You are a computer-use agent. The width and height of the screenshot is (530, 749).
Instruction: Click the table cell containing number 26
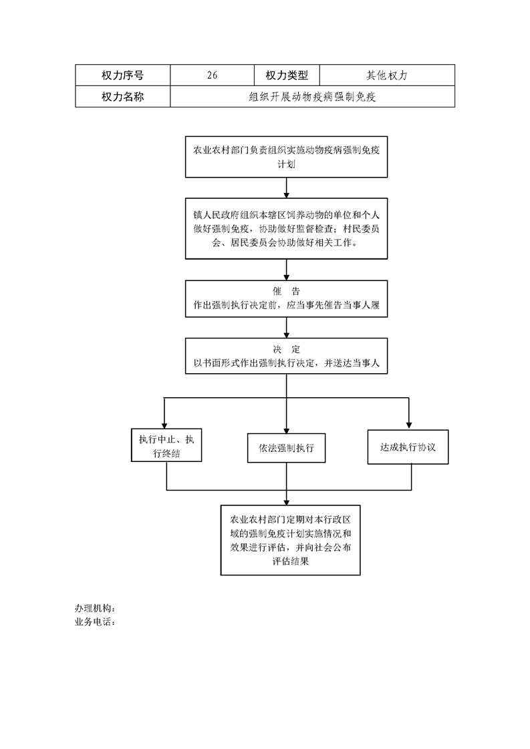[x=212, y=75]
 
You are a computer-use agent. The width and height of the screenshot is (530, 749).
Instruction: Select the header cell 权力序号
[x=122, y=75]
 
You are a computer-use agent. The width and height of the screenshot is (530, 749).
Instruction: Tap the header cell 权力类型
[x=287, y=75]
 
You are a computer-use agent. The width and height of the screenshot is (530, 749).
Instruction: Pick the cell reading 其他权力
[x=387, y=75]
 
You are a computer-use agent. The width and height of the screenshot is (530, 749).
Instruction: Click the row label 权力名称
[x=122, y=97]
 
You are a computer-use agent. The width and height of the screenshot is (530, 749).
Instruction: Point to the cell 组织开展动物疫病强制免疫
[x=312, y=97]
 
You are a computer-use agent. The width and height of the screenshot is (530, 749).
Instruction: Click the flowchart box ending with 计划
[x=287, y=157]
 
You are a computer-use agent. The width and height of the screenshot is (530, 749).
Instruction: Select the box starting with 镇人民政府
[x=287, y=229]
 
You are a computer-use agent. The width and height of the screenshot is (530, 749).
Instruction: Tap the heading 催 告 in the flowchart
[x=287, y=291]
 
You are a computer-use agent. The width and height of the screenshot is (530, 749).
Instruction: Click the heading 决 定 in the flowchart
[x=287, y=349]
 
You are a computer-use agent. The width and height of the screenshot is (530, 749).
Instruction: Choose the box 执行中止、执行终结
[x=166, y=445]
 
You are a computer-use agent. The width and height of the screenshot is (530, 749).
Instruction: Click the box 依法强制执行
[x=287, y=448]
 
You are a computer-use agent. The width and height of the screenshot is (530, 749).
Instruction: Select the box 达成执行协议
[x=408, y=447]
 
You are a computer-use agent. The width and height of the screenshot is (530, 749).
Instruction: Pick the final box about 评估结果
[x=290, y=540]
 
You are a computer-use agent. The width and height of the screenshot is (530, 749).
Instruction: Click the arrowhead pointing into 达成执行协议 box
[x=408, y=426]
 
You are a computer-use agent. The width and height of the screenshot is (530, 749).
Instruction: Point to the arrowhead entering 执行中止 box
[x=164, y=426]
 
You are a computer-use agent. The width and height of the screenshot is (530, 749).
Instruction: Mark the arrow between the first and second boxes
[x=287, y=188]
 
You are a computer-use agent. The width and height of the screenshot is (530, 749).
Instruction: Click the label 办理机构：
[x=95, y=608]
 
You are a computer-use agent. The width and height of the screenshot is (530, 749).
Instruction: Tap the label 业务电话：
[x=95, y=622]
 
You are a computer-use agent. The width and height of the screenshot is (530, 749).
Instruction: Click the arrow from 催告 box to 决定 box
[x=287, y=328]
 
